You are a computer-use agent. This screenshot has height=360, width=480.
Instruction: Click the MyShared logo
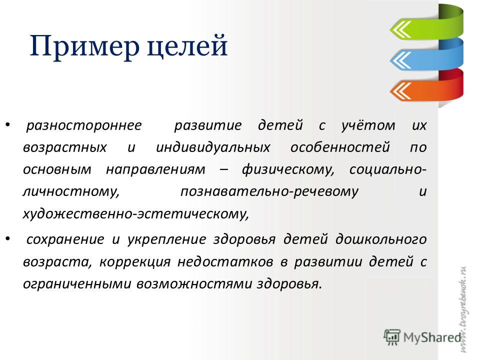coord(422,337)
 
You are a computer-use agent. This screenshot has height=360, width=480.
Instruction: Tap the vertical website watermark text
coord(463,309)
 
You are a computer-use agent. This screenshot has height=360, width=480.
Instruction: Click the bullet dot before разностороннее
coord(8,124)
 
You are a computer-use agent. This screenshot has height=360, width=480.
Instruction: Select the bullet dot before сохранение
coord(8,238)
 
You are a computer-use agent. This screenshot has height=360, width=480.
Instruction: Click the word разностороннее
coord(84,125)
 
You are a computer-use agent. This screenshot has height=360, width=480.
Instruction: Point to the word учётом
coord(368,125)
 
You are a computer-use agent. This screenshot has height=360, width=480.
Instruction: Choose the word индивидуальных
coord(213,147)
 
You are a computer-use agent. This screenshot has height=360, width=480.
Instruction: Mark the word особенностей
coord(340,147)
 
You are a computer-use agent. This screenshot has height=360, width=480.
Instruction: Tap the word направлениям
coord(155,169)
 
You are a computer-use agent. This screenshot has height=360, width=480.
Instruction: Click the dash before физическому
coord(224,170)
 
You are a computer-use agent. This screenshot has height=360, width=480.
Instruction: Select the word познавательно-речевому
coord(269,191)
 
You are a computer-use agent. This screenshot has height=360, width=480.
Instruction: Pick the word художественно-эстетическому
coord(136,213)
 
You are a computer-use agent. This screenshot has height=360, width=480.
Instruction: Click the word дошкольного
coord(381,239)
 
